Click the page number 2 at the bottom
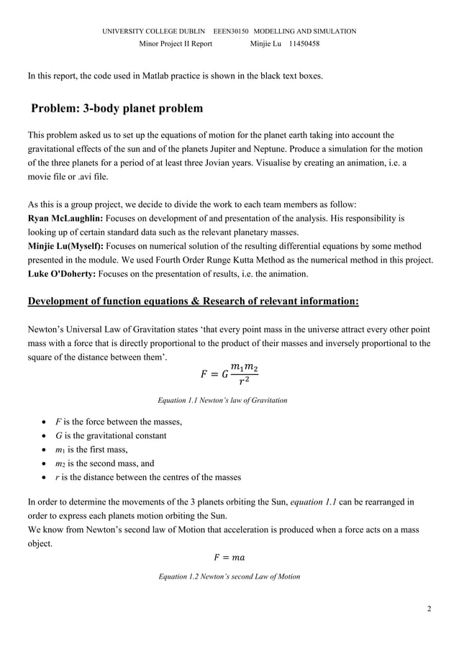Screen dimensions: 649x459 (429, 609)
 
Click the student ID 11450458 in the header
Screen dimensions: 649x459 (304, 44)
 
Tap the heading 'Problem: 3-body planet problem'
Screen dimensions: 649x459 (117, 109)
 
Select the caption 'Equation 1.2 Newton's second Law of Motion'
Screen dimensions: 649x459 (229, 576)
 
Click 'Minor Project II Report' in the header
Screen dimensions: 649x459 (175, 44)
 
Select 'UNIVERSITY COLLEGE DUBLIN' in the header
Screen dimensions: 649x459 (153, 32)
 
